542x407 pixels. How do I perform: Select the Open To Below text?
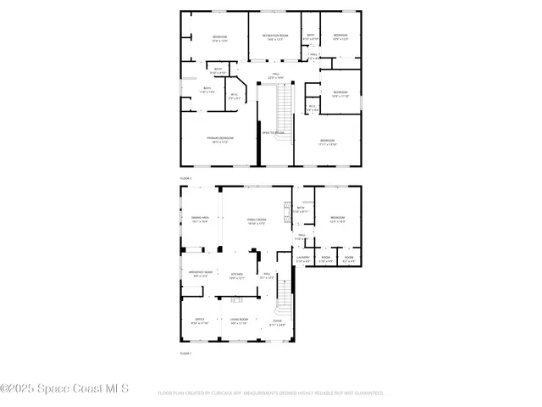point(273,133)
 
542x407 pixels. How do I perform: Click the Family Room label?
point(257,220)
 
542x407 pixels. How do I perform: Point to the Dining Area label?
point(200,219)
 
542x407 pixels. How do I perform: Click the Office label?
point(200,321)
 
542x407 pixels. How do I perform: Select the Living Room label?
point(239,321)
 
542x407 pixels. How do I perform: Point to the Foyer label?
point(277,321)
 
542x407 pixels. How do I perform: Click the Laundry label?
point(303,259)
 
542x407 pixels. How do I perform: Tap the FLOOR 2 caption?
point(186,179)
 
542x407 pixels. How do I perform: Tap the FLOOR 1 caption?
point(186,352)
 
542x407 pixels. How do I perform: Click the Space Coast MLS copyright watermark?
point(64,388)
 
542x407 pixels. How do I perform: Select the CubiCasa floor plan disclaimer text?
point(271,393)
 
